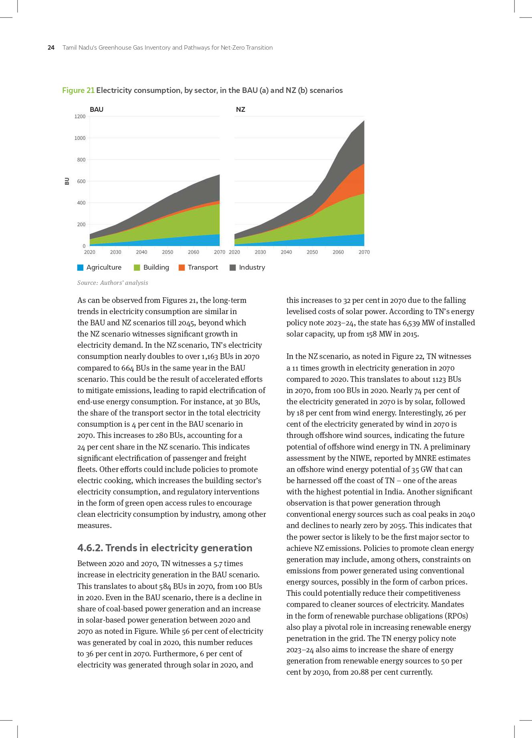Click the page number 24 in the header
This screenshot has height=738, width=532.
point(51,48)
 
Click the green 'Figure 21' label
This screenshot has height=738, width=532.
point(78,90)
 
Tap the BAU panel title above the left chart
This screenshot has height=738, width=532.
point(97,109)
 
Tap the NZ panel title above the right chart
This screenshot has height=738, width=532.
point(240,109)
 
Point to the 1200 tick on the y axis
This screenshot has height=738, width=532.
point(80,117)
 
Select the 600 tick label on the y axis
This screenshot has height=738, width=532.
point(81,181)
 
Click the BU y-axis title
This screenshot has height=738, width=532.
point(67,181)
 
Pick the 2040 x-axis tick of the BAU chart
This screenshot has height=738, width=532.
point(141,252)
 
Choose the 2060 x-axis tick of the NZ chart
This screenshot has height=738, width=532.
point(338,252)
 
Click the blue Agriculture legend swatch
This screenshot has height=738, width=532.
point(81,268)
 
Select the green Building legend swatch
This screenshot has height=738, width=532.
point(137,268)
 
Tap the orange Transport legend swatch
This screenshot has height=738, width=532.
point(182,268)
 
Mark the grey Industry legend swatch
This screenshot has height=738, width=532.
point(233,268)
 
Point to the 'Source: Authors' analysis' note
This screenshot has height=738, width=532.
point(113,283)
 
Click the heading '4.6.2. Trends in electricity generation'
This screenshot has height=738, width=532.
point(165,548)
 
